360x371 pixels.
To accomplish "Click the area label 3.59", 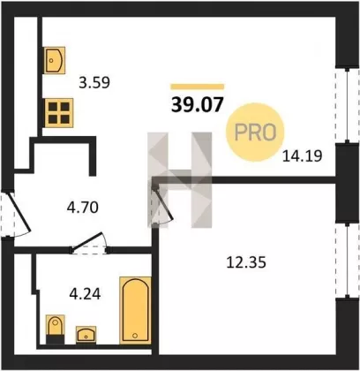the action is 94,83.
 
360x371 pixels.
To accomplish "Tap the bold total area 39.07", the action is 197,105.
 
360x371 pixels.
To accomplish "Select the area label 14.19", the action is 302,155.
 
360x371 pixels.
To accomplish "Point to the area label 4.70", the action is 82,208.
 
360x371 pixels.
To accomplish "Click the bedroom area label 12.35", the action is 246,262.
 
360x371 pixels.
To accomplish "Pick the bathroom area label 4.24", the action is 85,293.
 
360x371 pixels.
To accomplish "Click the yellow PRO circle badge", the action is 255,132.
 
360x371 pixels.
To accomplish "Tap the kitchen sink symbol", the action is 54,60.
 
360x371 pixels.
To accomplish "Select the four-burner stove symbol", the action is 59,113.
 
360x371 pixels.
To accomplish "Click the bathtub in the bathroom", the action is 135,310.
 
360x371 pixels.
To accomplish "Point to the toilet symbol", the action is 56,329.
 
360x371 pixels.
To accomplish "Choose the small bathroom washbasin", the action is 86,335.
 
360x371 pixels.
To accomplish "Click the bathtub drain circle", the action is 135,336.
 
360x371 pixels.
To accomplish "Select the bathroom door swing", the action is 88,243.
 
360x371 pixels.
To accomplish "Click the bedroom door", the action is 162,203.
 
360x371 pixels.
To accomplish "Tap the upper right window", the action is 348,106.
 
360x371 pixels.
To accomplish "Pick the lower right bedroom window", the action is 348,261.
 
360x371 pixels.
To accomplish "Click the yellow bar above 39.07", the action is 197,87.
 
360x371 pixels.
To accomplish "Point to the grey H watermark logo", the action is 180,180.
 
